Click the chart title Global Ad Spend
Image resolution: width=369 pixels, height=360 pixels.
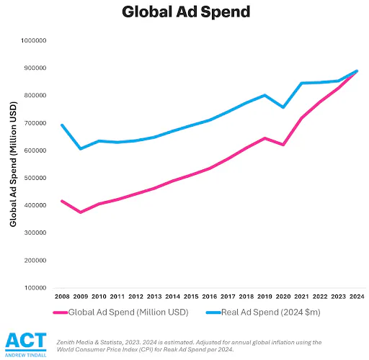pos(184,12)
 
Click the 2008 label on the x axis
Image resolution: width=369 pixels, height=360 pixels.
pos(61,297)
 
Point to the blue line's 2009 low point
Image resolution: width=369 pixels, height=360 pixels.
pos(80,149)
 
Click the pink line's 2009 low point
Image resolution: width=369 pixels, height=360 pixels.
pos(80,212)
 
